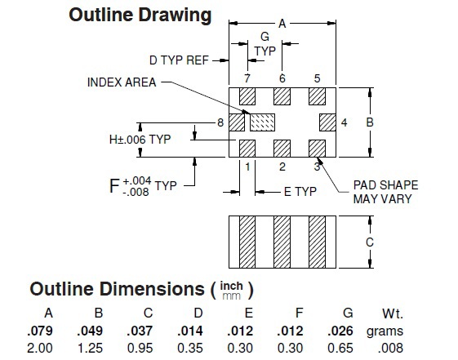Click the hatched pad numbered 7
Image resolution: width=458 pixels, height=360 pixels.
click(x=247, y=96)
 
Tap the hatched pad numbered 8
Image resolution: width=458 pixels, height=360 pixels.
click(x=237, y=122)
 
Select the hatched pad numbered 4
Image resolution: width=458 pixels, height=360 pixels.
click(x=327, y=122)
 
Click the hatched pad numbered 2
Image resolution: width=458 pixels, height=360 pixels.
click(x=282, y=149)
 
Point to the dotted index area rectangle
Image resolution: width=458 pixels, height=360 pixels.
click(x=262, y=122)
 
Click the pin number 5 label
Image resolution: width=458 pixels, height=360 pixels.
click(x=318, y=78)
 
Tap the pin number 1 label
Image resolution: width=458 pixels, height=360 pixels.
click(x=247, y=167)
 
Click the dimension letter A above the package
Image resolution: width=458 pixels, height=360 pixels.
click(x=282, y=24)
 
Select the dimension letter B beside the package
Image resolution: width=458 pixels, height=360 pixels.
click(x=370, y=122)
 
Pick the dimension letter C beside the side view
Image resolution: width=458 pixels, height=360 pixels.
click(x=370, y=242)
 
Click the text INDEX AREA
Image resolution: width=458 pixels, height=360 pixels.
click(x=122, y=82)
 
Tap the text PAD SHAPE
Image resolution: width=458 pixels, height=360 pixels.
click(x=385, y=185)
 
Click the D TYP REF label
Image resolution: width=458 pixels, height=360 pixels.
click(x=179, y=60)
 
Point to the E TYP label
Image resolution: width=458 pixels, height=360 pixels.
click(x=300, y=192)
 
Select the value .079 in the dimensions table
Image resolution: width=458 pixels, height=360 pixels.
click(x=40, y=331)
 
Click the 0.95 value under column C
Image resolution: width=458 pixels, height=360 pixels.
click(x=140, y=348)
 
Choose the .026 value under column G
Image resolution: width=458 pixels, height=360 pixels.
click(x=340, y=331)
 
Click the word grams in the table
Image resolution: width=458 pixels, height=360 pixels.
click(x=385, y=331)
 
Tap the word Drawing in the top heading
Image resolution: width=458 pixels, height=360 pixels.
click(x=175, y=16)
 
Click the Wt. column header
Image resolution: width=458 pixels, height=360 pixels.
click(x=393, y=313)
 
